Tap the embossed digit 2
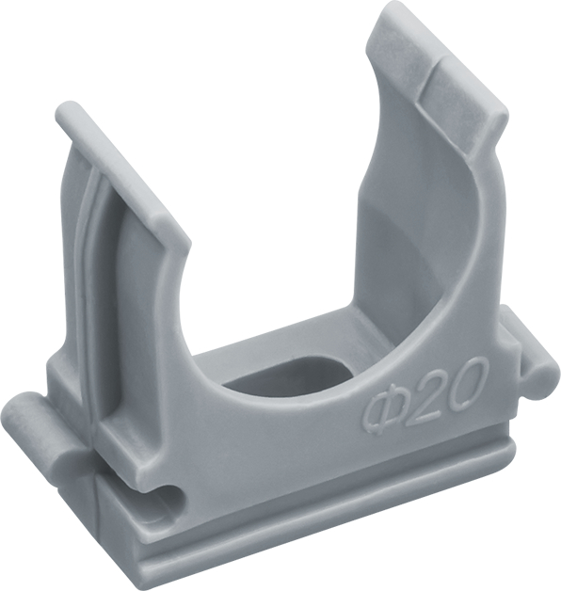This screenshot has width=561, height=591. [x=419, y=397]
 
